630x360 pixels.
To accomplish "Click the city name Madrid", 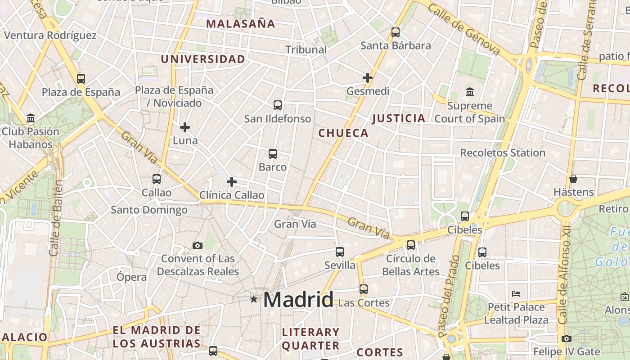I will [298, 300].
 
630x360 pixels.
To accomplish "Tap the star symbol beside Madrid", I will [254, 299].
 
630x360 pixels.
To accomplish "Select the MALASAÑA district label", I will [240, 24].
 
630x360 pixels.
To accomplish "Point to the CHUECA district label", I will [343, 133].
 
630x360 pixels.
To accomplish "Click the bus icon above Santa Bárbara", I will [396, 32].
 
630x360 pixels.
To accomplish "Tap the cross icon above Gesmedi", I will [368, 78].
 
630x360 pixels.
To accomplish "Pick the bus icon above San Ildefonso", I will [278, 105].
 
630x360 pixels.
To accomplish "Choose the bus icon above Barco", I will [273, 154].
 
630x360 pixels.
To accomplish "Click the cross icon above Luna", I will [185, 127].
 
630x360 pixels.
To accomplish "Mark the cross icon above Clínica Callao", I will [232, 182].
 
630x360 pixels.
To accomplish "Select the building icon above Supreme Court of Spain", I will [470, 92].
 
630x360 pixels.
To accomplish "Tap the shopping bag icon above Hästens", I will [573, 179].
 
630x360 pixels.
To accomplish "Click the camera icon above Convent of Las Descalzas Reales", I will [198, 245].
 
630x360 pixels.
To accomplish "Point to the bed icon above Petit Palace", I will [516, 294].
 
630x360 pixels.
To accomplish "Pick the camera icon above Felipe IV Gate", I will [567, 338].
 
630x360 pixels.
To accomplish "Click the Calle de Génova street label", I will [464, 30].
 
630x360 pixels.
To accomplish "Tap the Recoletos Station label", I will [503, 153].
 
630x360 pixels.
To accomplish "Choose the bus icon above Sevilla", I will [340, 252].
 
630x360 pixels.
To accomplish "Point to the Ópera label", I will [131, 277].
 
